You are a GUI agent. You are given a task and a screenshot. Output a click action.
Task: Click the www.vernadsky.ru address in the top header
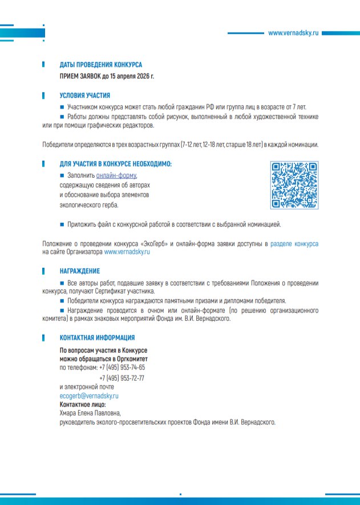coord(294,33)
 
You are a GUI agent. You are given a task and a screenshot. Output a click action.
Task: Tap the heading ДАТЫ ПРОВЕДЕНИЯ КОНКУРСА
coord(101,65)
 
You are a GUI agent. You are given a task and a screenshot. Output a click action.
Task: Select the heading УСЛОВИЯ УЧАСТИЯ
coord(85,96)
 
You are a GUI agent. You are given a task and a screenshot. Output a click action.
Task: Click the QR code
coord(293,185)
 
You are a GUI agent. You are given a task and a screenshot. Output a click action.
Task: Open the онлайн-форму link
coord(116,176)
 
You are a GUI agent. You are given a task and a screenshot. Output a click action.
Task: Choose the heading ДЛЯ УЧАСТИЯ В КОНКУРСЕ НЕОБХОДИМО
coord(116,164)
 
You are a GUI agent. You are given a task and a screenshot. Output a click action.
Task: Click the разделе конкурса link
coord(294,244)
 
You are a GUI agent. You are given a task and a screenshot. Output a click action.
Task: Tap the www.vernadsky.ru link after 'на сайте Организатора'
coord(127,251)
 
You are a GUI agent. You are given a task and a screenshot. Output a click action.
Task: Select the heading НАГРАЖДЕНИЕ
coord(80,271)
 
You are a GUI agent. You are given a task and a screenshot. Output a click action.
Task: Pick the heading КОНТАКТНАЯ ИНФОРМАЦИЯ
coord(97,337)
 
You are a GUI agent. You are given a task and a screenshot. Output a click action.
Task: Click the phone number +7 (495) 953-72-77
coord(122,378)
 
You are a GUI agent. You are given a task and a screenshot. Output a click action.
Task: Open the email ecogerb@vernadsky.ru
coord(89,396)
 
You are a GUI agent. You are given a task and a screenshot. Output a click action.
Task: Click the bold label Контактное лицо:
coord(83,405)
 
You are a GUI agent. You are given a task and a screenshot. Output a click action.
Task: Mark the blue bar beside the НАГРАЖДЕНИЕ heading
coord(44,271)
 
